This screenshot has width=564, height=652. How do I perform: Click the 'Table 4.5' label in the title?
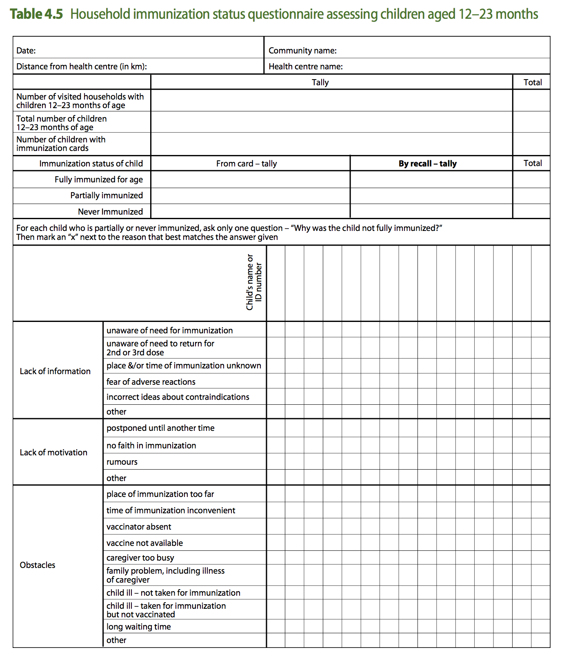click(x=37, y=14)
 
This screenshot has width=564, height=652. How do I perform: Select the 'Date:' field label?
click(x=26, y=51)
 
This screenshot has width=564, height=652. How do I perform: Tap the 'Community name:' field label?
click(x=302, y=51)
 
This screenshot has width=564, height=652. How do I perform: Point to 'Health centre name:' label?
click(x=305, y=67)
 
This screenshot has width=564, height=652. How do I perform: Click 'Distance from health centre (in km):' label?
click(x=82, y=67)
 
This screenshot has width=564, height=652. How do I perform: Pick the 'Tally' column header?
click(x=320, y=82)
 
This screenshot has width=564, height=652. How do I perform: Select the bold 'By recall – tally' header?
click(x=427, y=164)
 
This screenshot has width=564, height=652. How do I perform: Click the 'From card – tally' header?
click(x=246, y=164)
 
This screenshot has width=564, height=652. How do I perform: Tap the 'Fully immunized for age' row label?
click(x=99, y=180)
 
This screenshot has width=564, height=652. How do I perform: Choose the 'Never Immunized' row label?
click(x=110, y=212)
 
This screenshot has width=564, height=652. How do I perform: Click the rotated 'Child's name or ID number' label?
click(x=254, y=282)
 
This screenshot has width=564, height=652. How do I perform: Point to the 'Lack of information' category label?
click(x=55, y=371)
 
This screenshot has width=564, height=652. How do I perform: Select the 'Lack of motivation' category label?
click(x=53, y=452)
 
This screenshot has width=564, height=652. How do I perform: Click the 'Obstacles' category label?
click(x=38, y=565)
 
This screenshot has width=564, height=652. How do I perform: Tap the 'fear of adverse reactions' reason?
click(x=151, y=382)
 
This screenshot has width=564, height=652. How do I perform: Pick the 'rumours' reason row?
click(x=122, y=462)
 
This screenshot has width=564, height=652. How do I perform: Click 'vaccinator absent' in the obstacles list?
click(x=139, y=527)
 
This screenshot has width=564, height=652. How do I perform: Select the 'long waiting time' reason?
click(x=139, y=627)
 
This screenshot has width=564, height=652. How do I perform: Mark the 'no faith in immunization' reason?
click(x=151, y=446)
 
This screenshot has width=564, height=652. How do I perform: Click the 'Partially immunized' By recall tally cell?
click(x=431, y=196)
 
